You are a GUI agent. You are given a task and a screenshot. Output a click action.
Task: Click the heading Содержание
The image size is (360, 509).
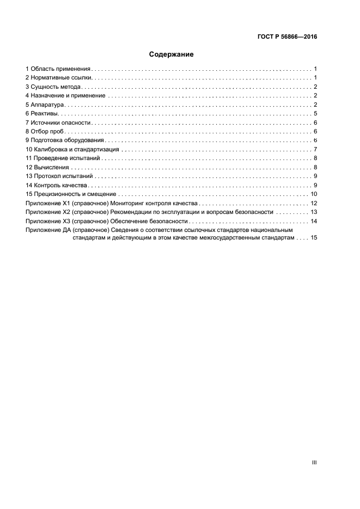click(172, 54)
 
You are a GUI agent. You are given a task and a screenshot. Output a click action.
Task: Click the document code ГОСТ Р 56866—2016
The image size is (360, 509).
click(287, 38)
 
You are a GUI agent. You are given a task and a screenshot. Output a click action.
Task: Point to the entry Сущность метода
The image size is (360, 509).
click(57, 87)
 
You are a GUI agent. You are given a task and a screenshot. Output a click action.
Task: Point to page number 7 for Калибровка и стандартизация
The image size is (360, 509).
click(315, 149)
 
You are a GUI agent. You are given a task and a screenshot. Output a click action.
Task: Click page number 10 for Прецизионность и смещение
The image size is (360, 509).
click(314, 194)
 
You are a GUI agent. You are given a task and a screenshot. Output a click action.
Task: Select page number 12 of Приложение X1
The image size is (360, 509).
click(314, 203)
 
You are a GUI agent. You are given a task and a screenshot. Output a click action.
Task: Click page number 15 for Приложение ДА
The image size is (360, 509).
click(314, 238)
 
